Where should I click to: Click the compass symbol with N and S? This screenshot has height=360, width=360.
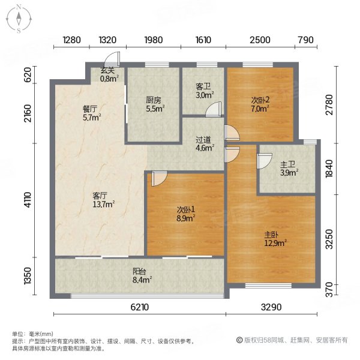coord(19,18)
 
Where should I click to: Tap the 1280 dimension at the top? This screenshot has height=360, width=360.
coord(71,40)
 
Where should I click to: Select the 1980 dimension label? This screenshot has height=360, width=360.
coord(153,40)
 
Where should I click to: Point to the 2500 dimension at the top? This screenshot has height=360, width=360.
coord(259,40)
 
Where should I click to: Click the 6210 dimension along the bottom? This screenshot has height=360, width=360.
coord(139,308)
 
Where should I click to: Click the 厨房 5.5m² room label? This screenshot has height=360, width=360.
coord(155,106)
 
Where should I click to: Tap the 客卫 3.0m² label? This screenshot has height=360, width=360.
coord(203,90)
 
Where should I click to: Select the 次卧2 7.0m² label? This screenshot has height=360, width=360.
coord(260,104)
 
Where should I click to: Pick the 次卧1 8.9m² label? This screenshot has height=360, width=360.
coord(185,214)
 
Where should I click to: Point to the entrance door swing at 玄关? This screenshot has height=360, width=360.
coord(113,60)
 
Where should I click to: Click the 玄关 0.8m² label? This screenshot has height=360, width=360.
coord(109,74)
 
